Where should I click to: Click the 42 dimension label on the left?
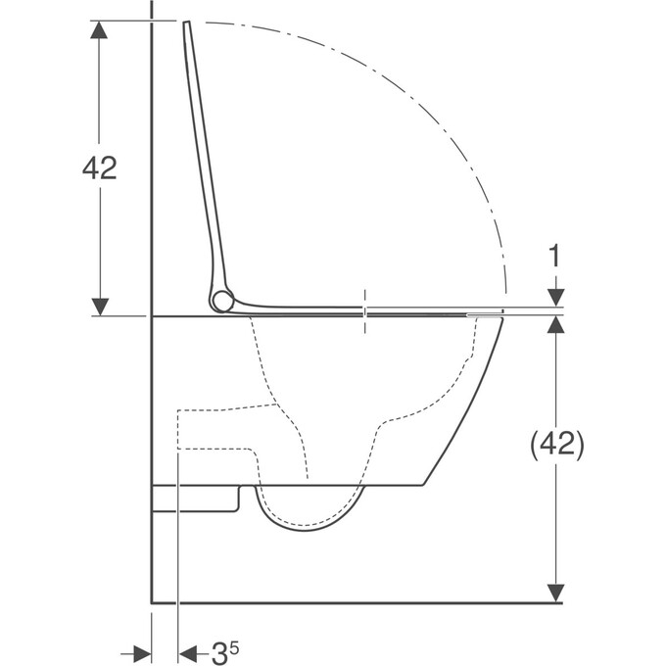[x=100, y=168]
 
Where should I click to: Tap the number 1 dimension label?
[x=555, y=259]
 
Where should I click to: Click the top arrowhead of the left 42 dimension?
[x=100, y=29]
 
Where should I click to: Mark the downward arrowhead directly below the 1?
[x=555, y=297]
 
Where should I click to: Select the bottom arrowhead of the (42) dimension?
[x=555, y=593]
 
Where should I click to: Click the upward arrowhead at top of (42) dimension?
[x=555, y=326]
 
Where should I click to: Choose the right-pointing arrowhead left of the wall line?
[x=141, y=652]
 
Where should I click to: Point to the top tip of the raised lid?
[x=185, y=24]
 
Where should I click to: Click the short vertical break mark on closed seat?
[x=365, y=311]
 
